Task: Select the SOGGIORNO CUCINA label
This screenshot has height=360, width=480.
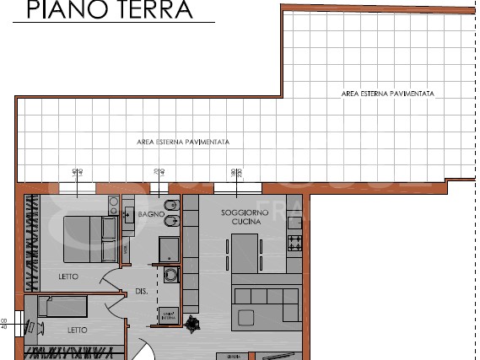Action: (x=245, y=217)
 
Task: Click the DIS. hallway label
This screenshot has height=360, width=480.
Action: (x=142, y=292)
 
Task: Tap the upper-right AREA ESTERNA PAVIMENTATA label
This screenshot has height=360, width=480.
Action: (x=388, y=94)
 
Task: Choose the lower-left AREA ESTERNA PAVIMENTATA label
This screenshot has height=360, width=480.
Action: (x=183, y=142)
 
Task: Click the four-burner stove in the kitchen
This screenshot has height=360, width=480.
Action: (x=295, y=244)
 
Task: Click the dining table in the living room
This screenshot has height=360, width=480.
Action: (x=246, y=253)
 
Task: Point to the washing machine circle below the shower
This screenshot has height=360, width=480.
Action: (x=169, y=274)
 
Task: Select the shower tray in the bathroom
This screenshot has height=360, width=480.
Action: (x=169, y=247)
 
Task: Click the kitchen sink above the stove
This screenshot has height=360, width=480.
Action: (x=294, y=223)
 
